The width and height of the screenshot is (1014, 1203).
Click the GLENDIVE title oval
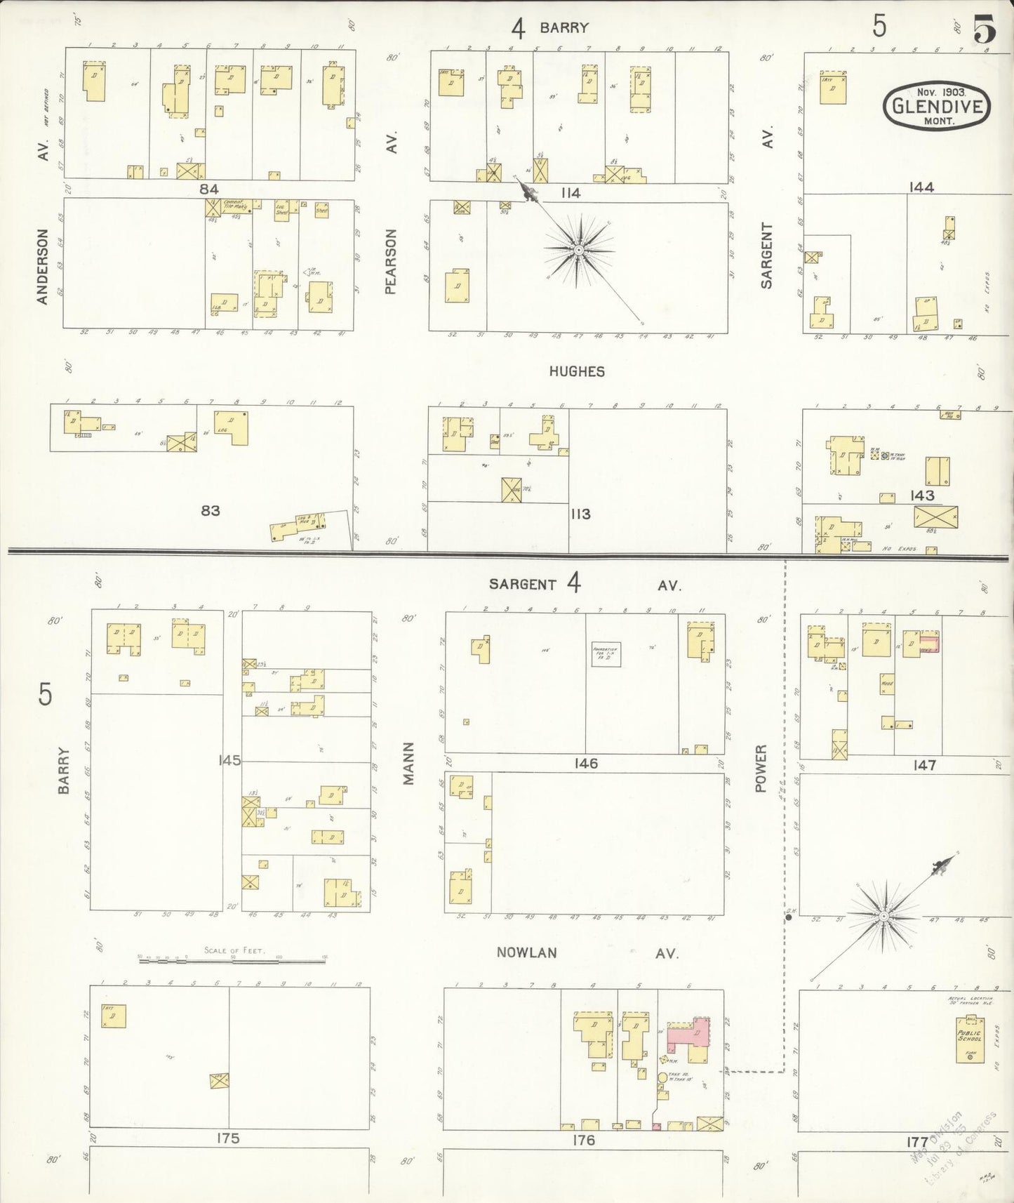(x=936, y=105)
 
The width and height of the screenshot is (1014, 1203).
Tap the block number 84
(x=208, y=189)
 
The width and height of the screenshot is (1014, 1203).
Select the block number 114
(x=570, y=193)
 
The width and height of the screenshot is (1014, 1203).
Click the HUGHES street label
(x=576, y=371)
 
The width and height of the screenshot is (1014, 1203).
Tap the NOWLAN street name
(x=526, y=952)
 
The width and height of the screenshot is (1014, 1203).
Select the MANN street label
(x=408, y=763)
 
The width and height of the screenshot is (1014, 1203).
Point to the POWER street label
(x=761, y=769)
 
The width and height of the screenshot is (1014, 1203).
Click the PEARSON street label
(x=391, y=261)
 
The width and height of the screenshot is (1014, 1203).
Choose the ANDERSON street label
(x=42, y=266)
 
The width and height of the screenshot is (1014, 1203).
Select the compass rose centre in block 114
(x=578, y=250)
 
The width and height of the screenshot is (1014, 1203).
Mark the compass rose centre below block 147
(x=884, y=916)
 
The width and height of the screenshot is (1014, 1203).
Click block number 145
(x=229, y=759)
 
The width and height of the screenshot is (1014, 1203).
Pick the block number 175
(x=228, y=1138)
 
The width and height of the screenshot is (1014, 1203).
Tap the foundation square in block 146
(x=606, y=654)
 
